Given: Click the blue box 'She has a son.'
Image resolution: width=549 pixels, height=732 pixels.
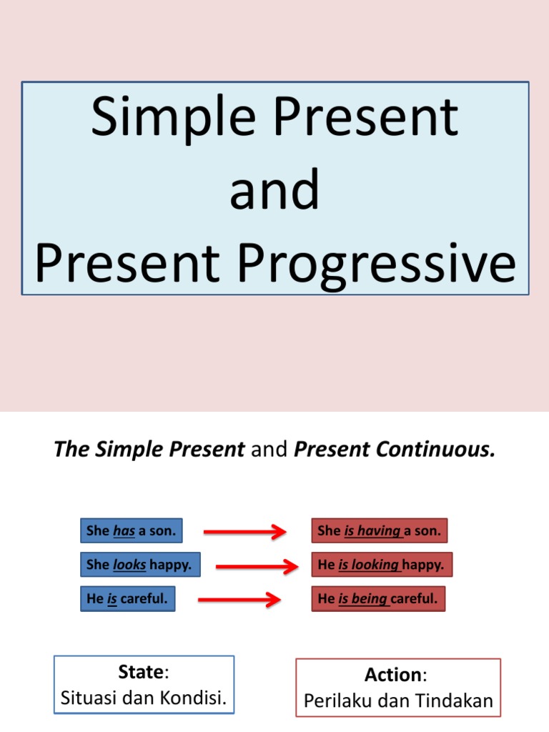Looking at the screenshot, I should point(131,531).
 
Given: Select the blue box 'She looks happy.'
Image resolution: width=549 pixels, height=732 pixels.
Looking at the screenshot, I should point(139,565).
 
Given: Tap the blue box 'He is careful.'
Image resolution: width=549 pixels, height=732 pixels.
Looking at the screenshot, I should point(127,599).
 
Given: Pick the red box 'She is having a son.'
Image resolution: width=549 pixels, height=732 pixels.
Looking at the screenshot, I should point(379,531).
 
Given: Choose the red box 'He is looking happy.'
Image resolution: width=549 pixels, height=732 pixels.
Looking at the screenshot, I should point(382,565).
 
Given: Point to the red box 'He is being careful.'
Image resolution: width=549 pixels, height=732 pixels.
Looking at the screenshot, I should point(378,599).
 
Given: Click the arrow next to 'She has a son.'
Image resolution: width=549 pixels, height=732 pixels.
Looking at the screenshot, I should point(244,532).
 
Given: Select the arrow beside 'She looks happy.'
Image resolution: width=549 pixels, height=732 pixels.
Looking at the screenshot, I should point(256,566).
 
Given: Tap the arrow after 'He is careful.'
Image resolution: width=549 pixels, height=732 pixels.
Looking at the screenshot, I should point(239,599).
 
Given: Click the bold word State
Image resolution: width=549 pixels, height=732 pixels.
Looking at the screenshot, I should point(142,673).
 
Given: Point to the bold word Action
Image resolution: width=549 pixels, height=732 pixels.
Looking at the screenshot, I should point(392,675).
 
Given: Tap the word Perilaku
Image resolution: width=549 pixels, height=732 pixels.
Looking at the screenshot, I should point(335,701).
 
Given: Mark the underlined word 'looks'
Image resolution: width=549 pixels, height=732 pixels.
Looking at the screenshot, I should point(129,565).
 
